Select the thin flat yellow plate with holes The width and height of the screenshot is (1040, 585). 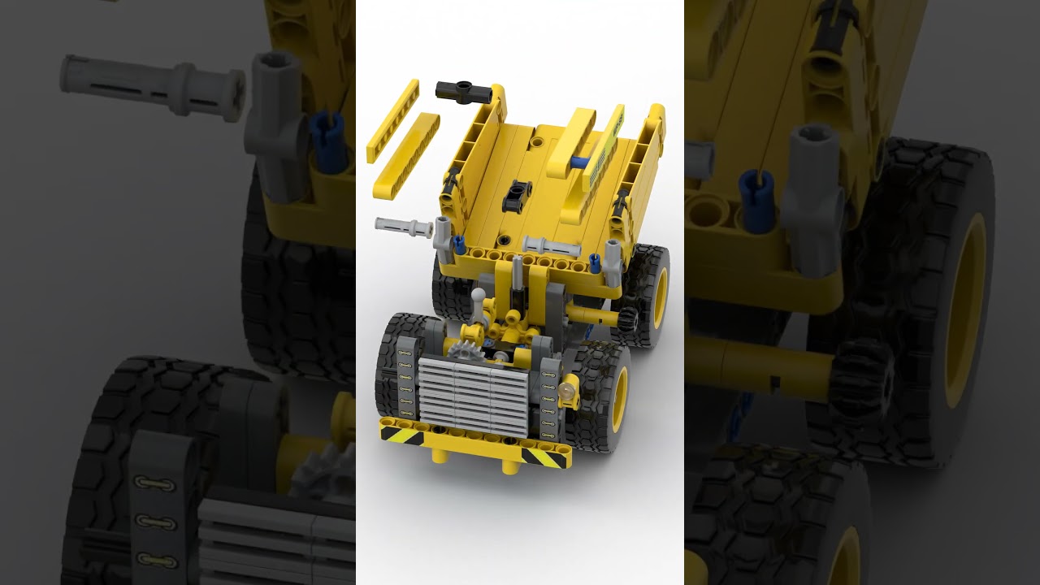coord(392,120)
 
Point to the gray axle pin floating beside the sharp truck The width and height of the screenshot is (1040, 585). coord(403,227)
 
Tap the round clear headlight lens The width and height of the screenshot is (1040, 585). coord(565,397)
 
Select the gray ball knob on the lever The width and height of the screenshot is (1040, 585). coord(479,296)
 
